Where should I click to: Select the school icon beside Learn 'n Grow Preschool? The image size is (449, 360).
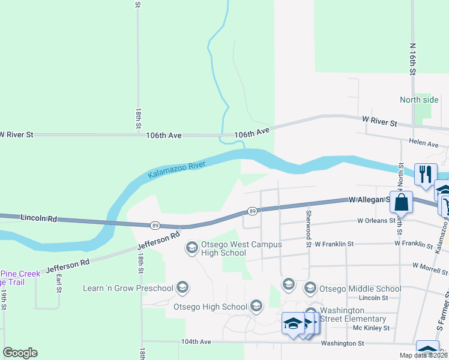pos(183,288)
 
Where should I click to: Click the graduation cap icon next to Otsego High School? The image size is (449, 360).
pos(256,307)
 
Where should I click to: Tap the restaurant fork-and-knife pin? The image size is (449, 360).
pos(425,174)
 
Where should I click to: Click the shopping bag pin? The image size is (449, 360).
pos(401,202)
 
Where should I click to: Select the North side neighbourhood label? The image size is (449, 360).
pos(420,100)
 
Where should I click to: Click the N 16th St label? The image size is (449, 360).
pos(413,59)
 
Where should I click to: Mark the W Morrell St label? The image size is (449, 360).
pos(431,265)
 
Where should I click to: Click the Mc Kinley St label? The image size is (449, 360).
pos(372,328)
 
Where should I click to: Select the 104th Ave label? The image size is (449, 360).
pos(197,341)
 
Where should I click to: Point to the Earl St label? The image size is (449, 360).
pos(59,283)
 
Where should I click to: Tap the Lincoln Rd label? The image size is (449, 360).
pos(38,218)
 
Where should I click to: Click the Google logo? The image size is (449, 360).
pos(20,353)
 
